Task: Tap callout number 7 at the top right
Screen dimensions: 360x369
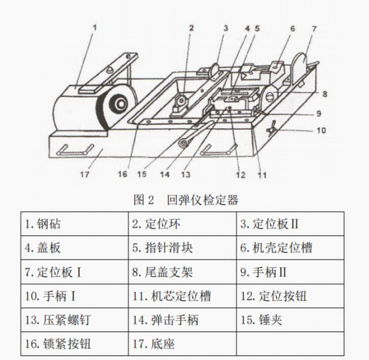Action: (x=315, y=29)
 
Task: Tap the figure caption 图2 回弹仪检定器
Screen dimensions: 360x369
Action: (x=184, y=200)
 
